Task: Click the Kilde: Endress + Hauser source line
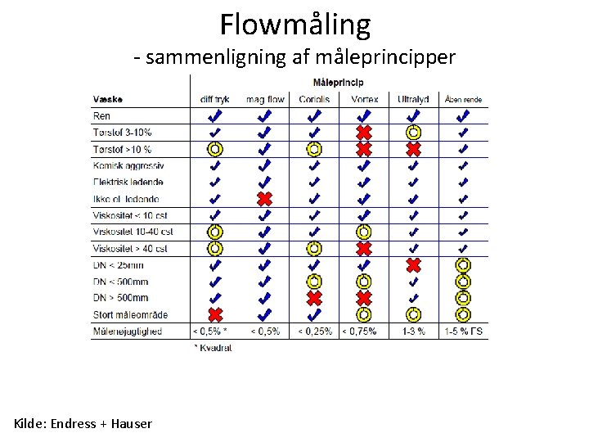[x=83, y=423]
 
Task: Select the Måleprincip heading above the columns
[x=338, y=82]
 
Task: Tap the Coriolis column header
[x=314, y=100]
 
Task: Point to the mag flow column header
[x=264, y=100]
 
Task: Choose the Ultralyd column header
[x=413, y=100]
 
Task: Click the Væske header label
[x=108, y=100]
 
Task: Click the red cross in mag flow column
[x=264, y=199]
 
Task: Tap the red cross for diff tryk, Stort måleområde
[x=214, y=314]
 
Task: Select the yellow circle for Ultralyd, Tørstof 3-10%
[x=414, y=133]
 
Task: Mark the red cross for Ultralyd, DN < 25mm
[x=414, y=265]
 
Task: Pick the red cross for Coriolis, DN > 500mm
[x=314, y=298]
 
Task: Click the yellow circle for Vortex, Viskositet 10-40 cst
[x=364, y=232]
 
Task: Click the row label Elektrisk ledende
[x=128, y=182]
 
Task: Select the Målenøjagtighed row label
[x=127, y=331]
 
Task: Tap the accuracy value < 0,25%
[x=314, y=331]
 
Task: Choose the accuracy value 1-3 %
[x=414, y=331]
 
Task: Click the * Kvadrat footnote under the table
[x=213, y=348]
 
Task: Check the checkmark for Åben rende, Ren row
[x=463, y=116]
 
